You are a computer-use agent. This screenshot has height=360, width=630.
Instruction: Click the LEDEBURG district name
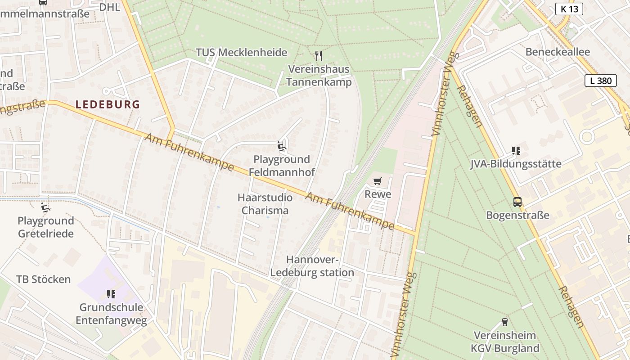pos(108,104)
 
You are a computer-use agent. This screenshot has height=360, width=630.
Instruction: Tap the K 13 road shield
pos(569,9)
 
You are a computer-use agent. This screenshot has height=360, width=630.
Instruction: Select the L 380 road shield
pos(601,81)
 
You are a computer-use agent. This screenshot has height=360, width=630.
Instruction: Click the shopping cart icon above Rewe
pos(378,181)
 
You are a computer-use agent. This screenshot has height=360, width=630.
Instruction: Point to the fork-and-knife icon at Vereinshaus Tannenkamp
pos(319,56)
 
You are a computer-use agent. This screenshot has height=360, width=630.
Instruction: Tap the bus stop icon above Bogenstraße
pos(517,202)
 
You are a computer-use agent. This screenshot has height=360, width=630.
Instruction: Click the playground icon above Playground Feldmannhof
pos(282,146)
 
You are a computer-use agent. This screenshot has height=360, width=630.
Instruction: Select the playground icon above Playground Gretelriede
pos(45,207)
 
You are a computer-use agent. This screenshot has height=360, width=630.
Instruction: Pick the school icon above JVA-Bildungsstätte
pos(516,151)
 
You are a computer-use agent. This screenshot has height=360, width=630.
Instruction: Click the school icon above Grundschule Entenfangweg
pos(111,294)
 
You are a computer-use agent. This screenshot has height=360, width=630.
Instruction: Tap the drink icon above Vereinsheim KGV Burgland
pos(504,322)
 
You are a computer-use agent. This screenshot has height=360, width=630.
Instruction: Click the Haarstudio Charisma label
pos(265,204)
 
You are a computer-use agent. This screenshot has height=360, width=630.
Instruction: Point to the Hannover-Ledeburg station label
pos(312,266)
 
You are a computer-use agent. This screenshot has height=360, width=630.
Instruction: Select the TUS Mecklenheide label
pos(241,52)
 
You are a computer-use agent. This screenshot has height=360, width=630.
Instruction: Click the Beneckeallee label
pos(558,52)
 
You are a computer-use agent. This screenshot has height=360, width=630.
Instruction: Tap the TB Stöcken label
pos(44,279)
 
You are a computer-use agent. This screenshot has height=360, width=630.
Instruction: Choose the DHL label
pos(109,7)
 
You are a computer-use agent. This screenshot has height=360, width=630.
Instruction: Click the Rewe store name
pos(378,194)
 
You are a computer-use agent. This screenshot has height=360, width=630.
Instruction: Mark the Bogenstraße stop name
pos(517,215)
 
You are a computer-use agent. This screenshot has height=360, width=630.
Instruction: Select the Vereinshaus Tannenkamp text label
pos(319,76)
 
